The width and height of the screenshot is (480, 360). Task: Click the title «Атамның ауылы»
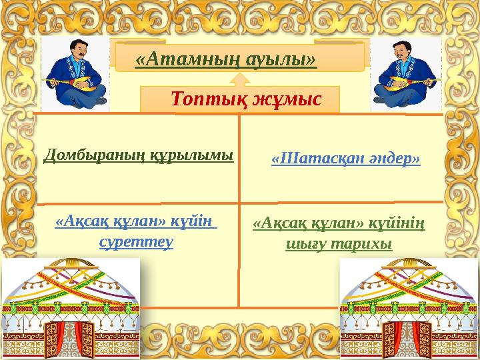click(x=225, y=59)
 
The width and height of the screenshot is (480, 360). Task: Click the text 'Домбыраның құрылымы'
click(x=139, y=156)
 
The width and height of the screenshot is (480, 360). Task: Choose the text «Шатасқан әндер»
click(x=346, y=159)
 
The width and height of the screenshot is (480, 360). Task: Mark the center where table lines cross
click(x=239, y=201)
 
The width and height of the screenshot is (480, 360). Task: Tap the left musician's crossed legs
click(x=75, y=97)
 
